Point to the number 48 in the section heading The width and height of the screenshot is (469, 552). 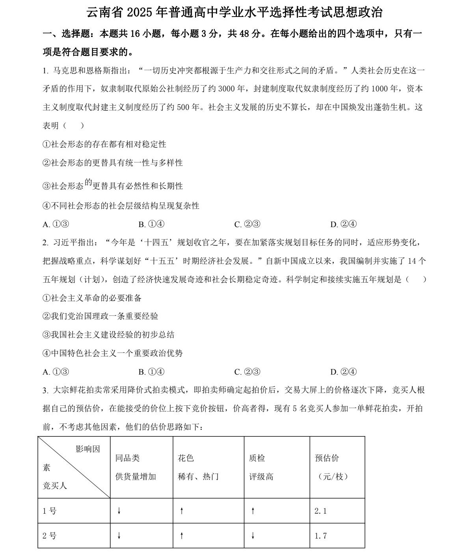coord(245,34)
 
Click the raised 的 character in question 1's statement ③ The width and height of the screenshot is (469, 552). coord(88,182)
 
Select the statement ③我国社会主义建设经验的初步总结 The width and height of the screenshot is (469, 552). coord(108,335)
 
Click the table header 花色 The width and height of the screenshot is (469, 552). coord(186,458)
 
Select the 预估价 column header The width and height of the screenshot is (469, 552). coord(327,458)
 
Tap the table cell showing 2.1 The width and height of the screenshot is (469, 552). coord(320,511)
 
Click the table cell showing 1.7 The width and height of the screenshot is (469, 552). coord(320,536)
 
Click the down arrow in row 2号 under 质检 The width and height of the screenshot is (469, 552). coord(253,536)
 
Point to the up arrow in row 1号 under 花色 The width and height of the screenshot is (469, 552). coord(182,511)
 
